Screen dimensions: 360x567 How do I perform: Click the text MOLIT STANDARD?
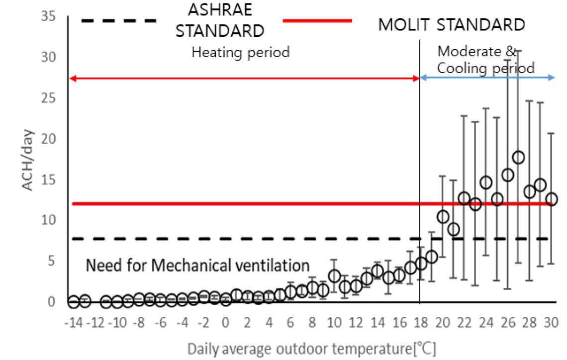click(x=451, y=24)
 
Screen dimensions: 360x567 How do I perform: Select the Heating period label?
click(x=241, y=52)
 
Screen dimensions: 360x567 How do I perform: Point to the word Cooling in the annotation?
click(x=463, y=68)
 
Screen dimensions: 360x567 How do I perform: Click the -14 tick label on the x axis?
click(x=73, y=324)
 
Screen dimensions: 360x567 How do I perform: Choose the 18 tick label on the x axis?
click(x=420, y=324)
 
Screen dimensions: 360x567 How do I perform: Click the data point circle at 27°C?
click(x=518, y=158)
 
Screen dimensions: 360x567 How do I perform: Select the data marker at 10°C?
click(x=334, y=275)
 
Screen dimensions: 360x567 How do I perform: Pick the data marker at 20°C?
click(x=443, y=216)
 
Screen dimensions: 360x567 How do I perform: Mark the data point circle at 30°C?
click(x=551, y=199)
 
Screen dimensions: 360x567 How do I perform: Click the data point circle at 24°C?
click(x=486, y=182)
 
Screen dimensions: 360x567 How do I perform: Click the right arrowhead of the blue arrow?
click(x=553, y=78)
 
